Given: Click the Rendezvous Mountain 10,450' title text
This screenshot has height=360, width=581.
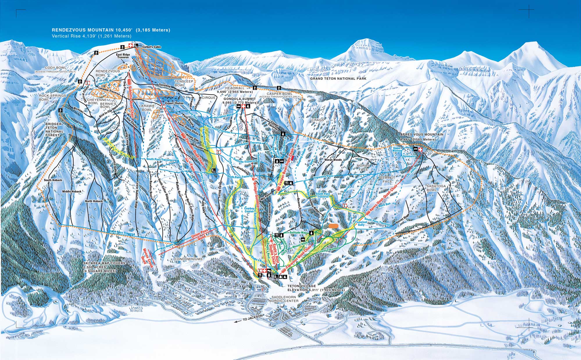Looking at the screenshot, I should click(x=111, y=30).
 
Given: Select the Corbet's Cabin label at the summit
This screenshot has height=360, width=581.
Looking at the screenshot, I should click(x=151, y=47).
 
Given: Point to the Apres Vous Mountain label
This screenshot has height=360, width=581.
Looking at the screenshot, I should click(x=422, y=135).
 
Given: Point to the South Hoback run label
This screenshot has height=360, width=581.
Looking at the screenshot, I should click(x=53, y=180).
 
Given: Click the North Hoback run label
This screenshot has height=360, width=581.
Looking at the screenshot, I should click(x=94, y=201).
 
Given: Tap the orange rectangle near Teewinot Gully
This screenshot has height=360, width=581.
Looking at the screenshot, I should click(x=334, y=225).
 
